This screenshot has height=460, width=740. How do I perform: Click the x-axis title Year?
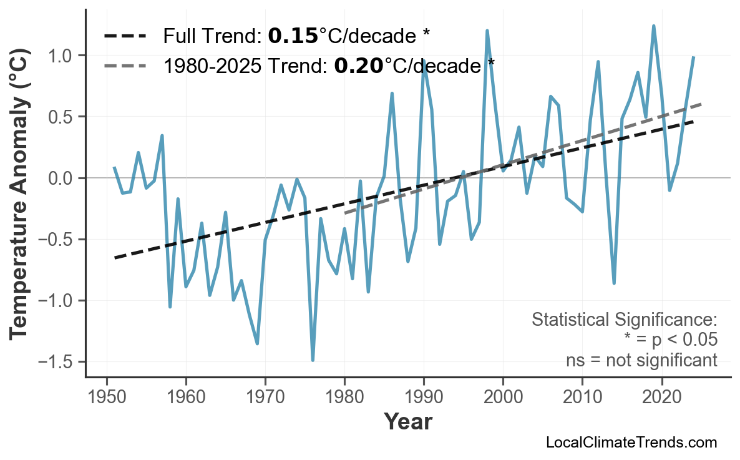(407, 423)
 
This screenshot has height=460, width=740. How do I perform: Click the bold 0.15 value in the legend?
(293, 36)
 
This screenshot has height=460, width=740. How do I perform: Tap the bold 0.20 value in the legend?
(358, 65)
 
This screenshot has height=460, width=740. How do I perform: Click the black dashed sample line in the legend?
(125, 36)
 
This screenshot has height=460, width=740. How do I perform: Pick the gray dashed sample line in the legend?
(125, 65)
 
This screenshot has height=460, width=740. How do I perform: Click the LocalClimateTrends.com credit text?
(631, 443)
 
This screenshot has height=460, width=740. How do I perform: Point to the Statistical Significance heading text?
(624, 320)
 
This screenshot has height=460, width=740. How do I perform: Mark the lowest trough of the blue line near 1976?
(313, 360)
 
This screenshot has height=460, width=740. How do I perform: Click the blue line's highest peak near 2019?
(653, 26)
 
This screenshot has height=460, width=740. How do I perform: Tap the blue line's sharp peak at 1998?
(487, 31)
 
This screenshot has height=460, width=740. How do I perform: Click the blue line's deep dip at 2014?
(614, 283)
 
